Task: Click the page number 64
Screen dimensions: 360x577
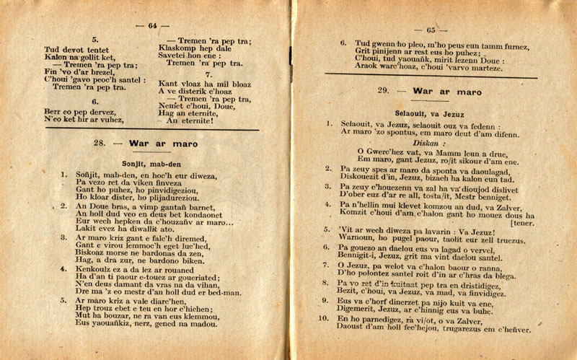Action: coord(152,26)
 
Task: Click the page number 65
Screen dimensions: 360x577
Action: coord(431,30)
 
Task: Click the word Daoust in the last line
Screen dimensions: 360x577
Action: coord(356,330)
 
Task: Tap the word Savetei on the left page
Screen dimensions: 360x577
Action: coord(177,56)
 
